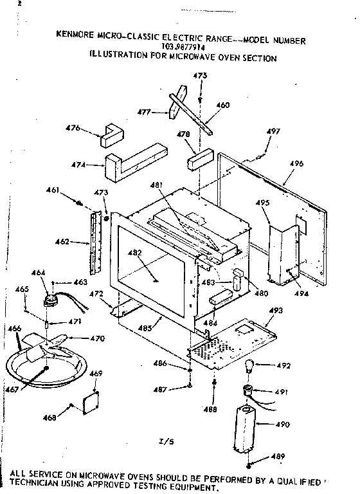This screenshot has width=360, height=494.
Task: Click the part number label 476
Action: click(74, 128)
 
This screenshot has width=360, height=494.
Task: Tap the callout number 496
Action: click(296, 164)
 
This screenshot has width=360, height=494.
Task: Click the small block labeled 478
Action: click(200, 158)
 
